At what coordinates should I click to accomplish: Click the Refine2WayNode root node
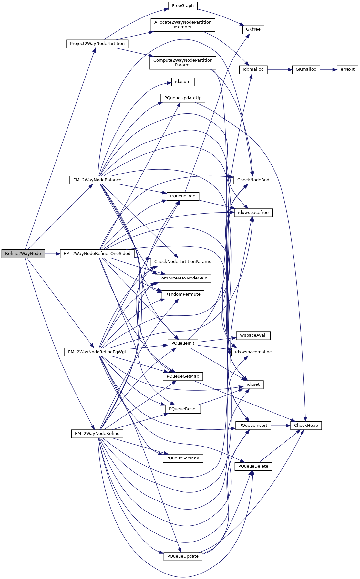tap(23, 254)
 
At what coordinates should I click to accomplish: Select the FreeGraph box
tap(183, 6)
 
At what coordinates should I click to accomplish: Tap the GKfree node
tap(253, 29)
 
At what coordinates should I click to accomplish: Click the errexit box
tap(347, 69)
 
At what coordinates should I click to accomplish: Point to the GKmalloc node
tap(306, 69)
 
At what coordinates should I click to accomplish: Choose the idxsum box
tap(183, 82)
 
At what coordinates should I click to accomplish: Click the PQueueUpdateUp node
tap(183, 98)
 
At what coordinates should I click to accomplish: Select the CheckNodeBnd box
tap(253, 180)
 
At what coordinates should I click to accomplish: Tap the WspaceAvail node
tap(253, 335)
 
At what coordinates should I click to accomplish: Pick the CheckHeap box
tap(306, 426)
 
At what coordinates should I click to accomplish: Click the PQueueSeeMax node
tap(183, 458)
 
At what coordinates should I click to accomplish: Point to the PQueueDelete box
tap(253, 466)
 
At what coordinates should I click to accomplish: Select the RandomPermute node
tap(183, 294)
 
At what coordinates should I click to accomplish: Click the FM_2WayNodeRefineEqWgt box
tap(97, 352)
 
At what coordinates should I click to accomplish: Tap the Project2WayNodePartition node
tap(97, 44)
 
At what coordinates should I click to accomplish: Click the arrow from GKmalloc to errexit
tap(328, 69)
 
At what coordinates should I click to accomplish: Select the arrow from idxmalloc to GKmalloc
tap(280, 69)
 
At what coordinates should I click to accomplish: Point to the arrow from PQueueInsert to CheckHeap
tap(281, 426)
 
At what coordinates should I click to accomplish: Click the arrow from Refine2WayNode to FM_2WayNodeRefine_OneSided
tap(53, 254)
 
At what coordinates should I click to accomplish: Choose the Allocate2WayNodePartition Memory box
tap(183, 25)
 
